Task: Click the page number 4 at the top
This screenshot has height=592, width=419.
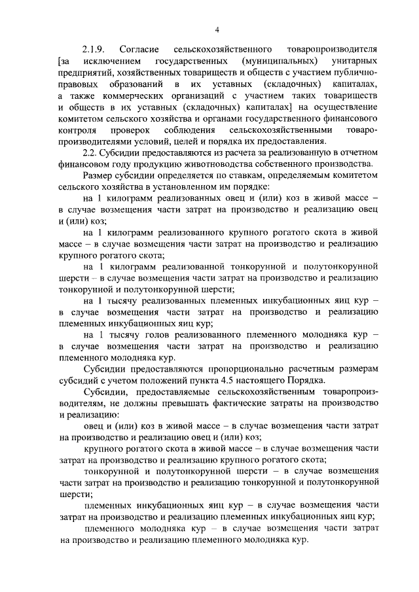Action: coord(217,29)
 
